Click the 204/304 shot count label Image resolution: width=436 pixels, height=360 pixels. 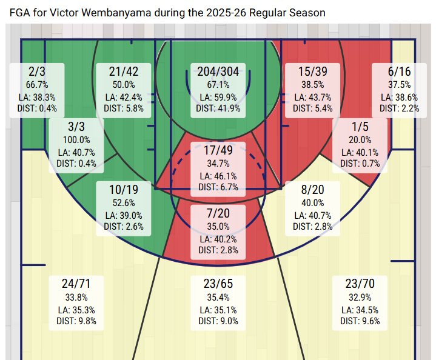pyautogui.click(x=218, y=72)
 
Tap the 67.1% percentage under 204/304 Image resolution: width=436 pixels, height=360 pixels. pyautogui.click(x=218, y=85)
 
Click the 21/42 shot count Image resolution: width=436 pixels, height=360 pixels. pyautogui.click(x=124, y=72)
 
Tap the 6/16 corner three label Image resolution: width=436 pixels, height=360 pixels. pyautogui.click(x=399, y=72)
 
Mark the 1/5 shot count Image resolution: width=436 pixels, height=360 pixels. pyautogui.click(x=360, y=128)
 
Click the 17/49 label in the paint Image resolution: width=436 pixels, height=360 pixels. pyautogui.click(x=218, y=151)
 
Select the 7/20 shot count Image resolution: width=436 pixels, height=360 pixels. pyautogui.click(x=218, y=214)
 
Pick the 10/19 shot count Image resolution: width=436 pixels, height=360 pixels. pyautogui.click(x=124, y=190)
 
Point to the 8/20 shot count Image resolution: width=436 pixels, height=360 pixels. pyautogui.click(x=312, y=190)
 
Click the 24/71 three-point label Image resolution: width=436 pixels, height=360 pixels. pyautogui.click(x=75, y=284)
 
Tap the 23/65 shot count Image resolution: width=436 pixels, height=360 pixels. pyautogui.click(x=218, y=284)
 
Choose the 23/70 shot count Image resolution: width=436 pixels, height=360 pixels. pyautogui.click(x=360, y=284)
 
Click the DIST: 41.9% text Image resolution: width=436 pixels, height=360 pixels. pyautogui.click(x=218, y=108)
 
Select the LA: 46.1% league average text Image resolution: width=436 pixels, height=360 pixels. pyautogui.click(x=218, y=176)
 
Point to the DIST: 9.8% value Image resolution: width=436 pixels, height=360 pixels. pyautogui.click(x=75, y=321)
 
